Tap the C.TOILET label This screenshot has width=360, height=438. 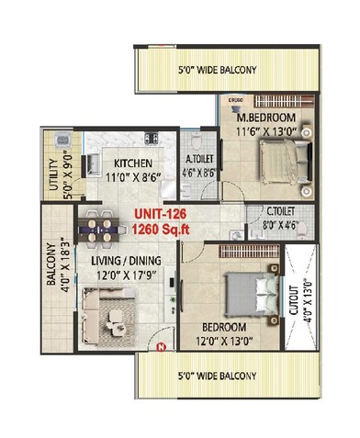(x=272, y=210)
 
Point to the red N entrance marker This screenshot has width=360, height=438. (x=163, y=347)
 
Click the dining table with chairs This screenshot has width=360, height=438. (x=102, y=226)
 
